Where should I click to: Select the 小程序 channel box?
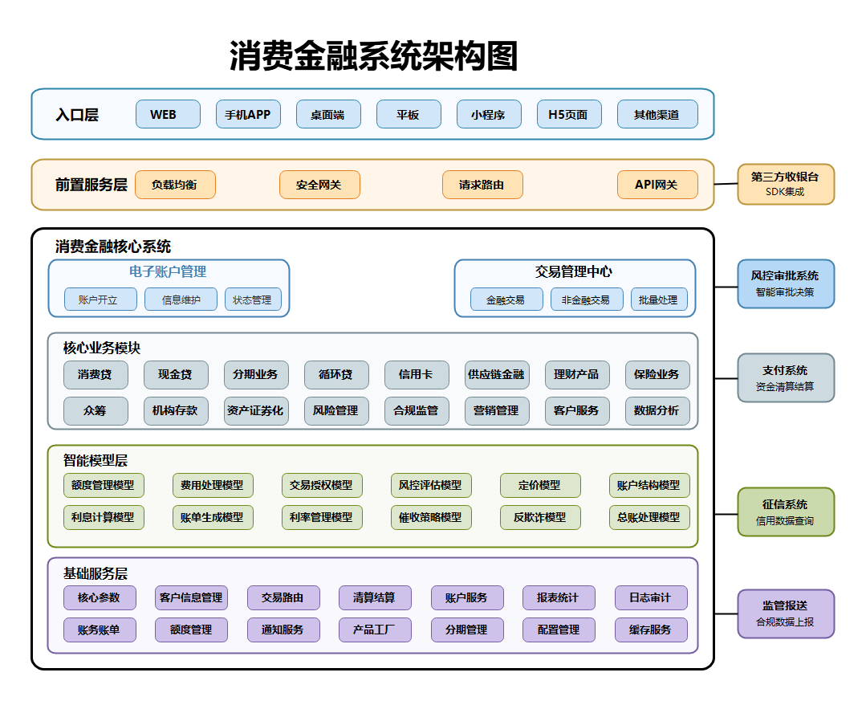pos(489,114)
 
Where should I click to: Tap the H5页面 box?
pos(569,114)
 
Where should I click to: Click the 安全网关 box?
pos(319,185)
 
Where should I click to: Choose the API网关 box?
pos(657,185)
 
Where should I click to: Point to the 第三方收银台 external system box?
pos(786,184)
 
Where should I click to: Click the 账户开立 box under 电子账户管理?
pos(100,300)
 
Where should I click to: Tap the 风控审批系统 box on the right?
pos(786,283)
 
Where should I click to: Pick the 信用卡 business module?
pos(417,374)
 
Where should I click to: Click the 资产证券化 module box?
pos(256,410)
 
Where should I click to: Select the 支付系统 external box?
pos(786,377)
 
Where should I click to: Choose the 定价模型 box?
pos(540,485)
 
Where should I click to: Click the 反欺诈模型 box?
pos(540,517)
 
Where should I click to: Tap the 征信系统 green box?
pos(786,511)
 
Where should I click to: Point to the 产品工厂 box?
pos(375,630)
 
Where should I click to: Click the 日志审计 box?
pos(651,597)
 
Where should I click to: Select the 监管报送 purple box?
pos(786,613)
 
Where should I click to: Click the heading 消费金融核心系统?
pos(113,247)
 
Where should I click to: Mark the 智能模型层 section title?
pos(96,460)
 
